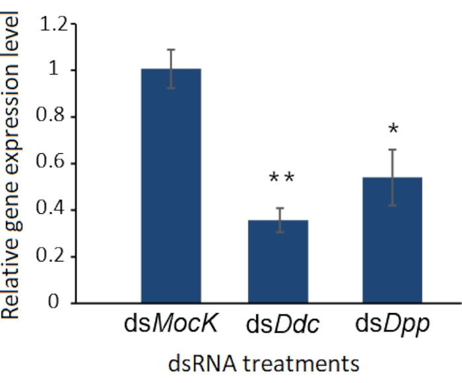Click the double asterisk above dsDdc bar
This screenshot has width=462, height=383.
(x=281, y=179)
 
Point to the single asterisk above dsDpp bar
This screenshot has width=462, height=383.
(x=393, y=129)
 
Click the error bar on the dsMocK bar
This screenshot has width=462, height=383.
(x=171, y=69)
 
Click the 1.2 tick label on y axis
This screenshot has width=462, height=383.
(x=53, y=25)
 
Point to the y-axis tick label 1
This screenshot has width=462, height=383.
(x=61, y=71)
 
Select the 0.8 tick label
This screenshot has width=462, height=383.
(x=53, y=118)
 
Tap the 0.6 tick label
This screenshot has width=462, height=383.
(x=53, y=164)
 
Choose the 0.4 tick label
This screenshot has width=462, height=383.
(x=53, y=211)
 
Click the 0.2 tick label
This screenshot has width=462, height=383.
(x=53, y=257)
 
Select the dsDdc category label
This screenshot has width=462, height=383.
(x=282, y=326)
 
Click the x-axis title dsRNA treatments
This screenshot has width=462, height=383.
(x=264, y=364)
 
